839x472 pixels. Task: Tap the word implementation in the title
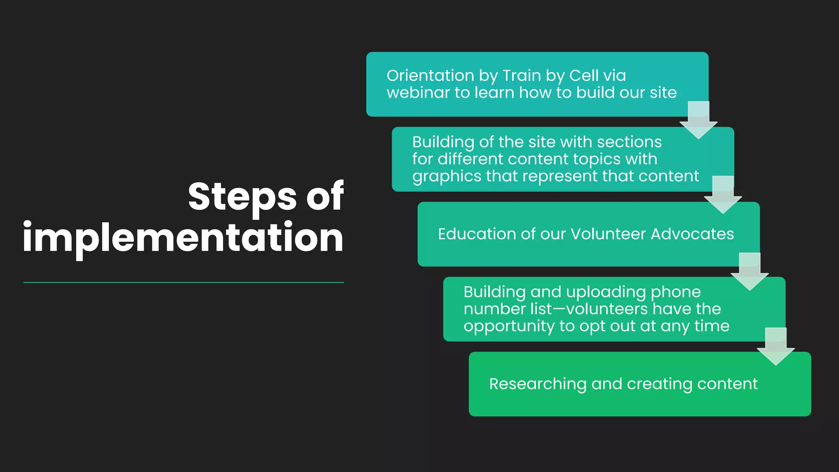[183, 238]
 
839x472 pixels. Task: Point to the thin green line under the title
[183, 282]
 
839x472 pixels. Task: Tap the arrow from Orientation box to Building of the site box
[698, 120]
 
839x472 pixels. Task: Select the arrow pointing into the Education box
[723, 195]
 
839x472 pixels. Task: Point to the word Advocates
[692, 234]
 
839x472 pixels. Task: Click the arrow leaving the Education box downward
[749, 272]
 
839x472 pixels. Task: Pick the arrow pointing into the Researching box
[776, 347]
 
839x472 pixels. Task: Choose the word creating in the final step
[660, 384]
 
